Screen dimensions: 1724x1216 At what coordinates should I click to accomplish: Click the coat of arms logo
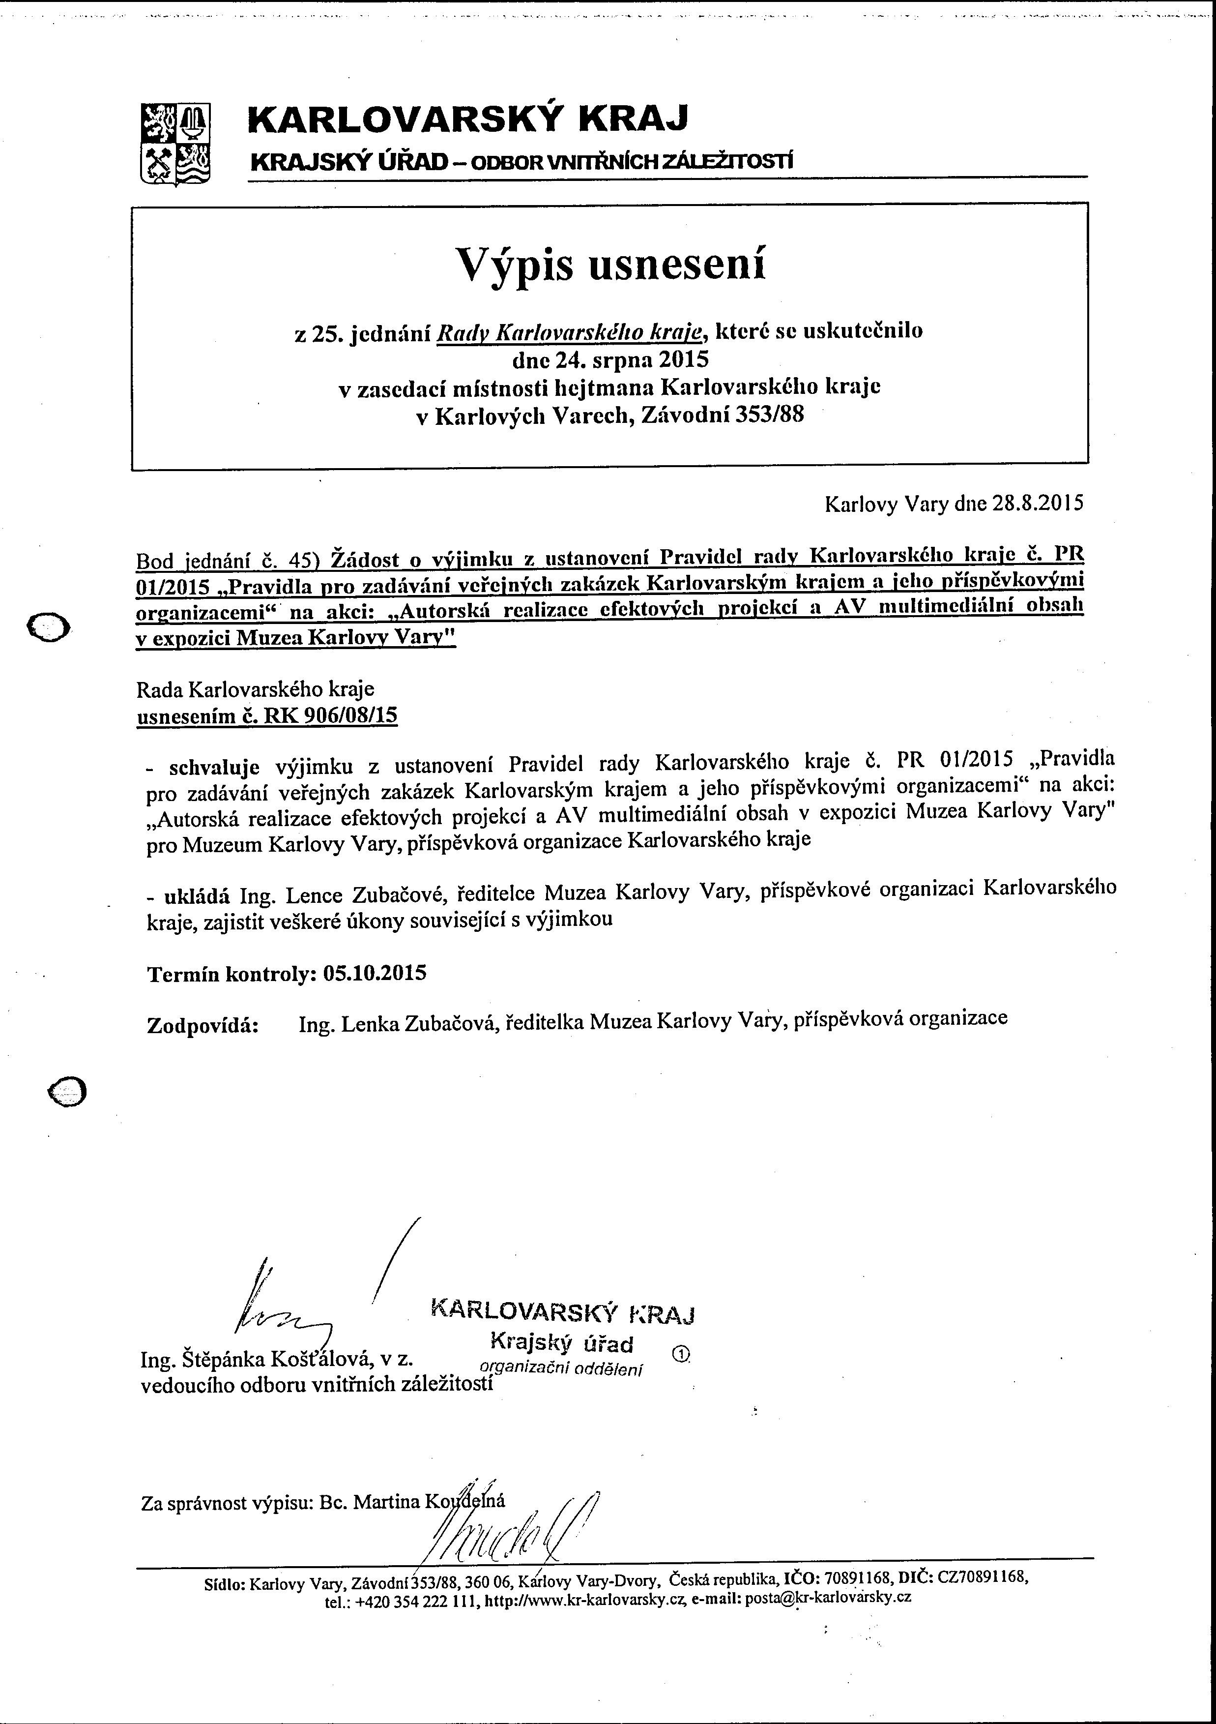[175, 143]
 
